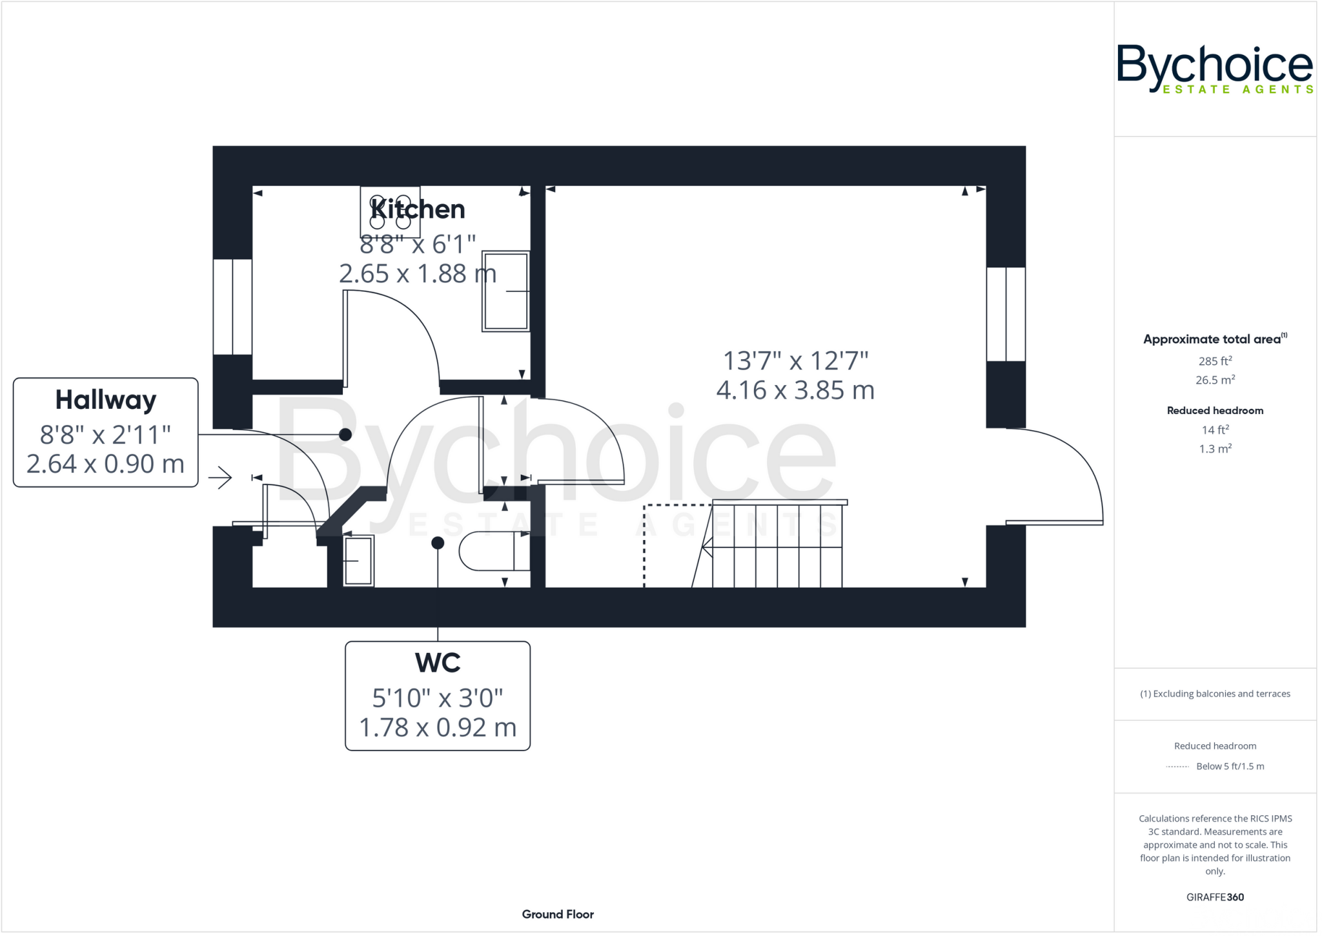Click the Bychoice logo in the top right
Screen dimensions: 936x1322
tap(1214, 68)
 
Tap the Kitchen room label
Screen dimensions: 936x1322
tap(418, 209)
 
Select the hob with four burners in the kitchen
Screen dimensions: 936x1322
tap(390, 212)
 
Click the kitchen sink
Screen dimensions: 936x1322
tap(505, 291)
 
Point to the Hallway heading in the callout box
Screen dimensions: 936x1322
tap(106, 400)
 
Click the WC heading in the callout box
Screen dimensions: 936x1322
tap(438, 663)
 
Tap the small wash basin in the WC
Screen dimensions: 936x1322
tap(358, 561)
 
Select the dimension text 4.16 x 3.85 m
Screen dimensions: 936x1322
tap(795, 390)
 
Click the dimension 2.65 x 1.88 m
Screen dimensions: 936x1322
tap(418, 274)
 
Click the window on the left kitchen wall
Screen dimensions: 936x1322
tap(232, 307)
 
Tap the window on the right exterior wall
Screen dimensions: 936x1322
tap(1006, 314)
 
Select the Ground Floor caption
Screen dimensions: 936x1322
tap(558, 914)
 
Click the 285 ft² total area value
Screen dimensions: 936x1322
tap(1215, 361)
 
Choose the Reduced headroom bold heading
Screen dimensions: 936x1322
tap(1215, 410)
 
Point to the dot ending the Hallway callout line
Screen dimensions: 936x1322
tap(345, 435)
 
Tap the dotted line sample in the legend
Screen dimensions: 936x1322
tap(1177, 767)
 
